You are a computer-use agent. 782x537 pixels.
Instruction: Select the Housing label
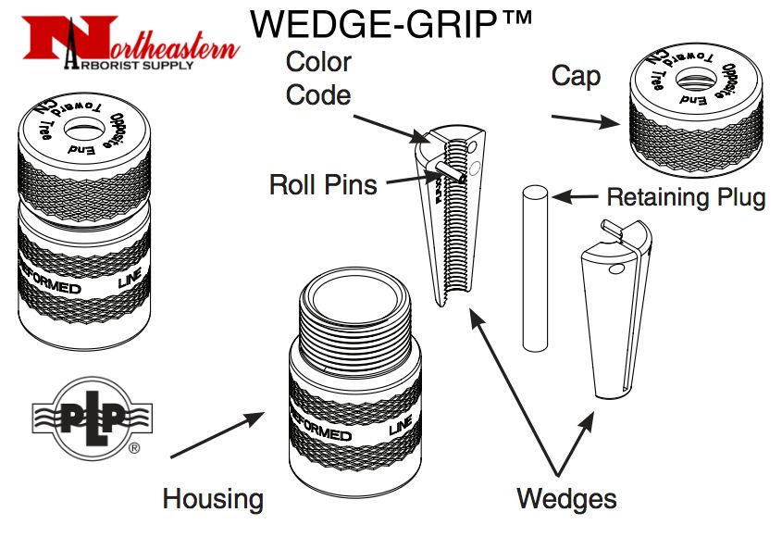pos(213,499)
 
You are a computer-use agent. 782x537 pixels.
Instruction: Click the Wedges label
pos(566,499)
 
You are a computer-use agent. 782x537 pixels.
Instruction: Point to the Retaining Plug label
pos(686,196)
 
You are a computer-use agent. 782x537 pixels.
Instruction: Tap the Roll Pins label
pos(323,183)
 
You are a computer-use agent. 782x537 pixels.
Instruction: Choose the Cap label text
pos(575,76)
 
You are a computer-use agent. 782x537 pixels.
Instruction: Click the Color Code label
pos(318,78)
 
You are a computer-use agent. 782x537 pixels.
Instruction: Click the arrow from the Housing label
pos(218,435)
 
